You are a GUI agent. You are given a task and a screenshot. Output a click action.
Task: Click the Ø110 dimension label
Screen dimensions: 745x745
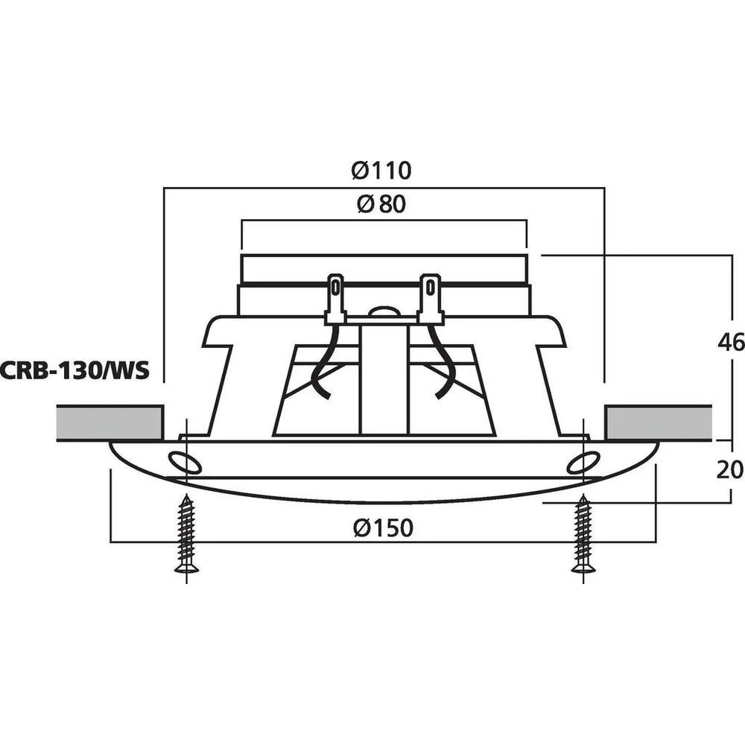(381, 171)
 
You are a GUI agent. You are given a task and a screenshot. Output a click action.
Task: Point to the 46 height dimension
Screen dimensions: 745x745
(730, 343)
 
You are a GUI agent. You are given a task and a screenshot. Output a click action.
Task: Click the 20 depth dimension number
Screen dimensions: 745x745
(730, 471)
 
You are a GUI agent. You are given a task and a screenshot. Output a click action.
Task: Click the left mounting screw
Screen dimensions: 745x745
(186, 533)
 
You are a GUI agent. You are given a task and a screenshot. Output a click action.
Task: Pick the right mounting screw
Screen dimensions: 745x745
(583, 533)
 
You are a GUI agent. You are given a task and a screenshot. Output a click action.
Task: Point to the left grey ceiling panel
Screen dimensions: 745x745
(110, 422)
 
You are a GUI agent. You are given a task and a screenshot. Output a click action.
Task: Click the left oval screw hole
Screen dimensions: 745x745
(184, 463)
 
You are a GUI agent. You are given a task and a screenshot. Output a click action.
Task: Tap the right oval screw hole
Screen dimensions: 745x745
(583, 463)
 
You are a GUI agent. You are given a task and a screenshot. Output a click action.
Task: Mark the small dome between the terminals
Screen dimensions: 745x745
(383, 313)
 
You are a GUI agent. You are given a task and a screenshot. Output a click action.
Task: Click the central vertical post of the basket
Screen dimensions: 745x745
(383, 380)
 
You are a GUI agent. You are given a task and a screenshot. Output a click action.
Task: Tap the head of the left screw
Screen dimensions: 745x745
(186, 569)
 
